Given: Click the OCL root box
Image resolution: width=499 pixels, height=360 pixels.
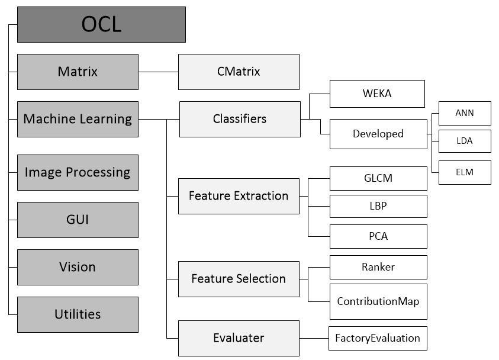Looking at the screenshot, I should [101, 24].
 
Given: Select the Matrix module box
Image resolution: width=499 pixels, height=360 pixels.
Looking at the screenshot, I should [78, 72].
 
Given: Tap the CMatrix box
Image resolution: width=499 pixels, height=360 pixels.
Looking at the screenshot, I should [239, 72].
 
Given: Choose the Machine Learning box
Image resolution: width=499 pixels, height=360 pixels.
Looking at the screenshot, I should [78, 119].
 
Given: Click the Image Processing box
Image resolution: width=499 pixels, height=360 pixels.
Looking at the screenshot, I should [78, 172].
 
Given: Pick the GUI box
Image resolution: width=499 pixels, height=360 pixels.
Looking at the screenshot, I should [78, 220].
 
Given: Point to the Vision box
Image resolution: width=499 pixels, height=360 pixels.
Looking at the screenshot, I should [78, 267].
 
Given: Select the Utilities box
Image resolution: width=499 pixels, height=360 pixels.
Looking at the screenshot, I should [78, 314].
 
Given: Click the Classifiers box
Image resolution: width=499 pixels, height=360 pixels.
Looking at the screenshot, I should [240, 119].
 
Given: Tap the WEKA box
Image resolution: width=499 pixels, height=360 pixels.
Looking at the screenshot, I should [377, 94].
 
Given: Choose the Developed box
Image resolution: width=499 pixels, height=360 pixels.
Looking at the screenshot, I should [378, 134].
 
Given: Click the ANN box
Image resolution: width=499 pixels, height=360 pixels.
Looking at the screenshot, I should [465, 113].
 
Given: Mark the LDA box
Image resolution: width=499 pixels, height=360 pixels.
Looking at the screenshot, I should [465, 142].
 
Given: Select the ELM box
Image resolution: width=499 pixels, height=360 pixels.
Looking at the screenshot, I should [465, 172].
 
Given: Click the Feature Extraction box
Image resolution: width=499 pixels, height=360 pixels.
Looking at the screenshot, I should [239, 196].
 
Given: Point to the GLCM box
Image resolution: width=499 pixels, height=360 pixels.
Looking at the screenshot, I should [378, 178].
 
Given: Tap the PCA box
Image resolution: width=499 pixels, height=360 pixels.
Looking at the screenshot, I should [378, 236].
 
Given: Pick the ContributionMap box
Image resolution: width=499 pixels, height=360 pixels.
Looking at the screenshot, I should [378, 301].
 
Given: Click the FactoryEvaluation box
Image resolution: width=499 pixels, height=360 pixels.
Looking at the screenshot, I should [378, 338].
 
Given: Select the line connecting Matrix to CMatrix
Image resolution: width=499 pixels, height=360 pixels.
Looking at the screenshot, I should [158, 72].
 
